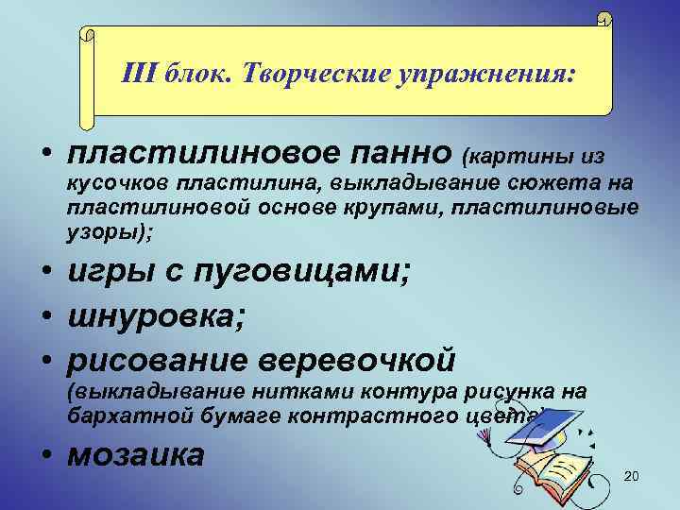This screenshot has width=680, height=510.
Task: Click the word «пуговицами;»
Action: [x=311, y=274]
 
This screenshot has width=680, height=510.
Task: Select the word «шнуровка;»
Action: [x=157, y=317]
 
